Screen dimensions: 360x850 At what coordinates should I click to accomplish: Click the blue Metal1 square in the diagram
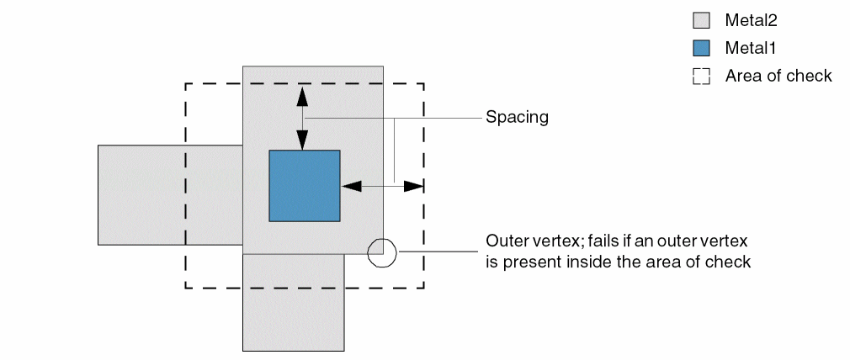pos(304,185)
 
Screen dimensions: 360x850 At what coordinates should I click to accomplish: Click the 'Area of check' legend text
pos(778,76)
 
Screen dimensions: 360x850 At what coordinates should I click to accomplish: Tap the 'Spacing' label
pos(517,118)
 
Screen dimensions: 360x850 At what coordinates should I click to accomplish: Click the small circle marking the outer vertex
pos(382,251)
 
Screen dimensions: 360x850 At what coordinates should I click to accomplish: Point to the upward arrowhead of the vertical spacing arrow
pos(303,94)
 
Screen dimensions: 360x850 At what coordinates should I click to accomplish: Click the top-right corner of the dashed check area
pos(423,83)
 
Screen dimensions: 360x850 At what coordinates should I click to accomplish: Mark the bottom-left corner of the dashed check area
pos(185,288)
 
